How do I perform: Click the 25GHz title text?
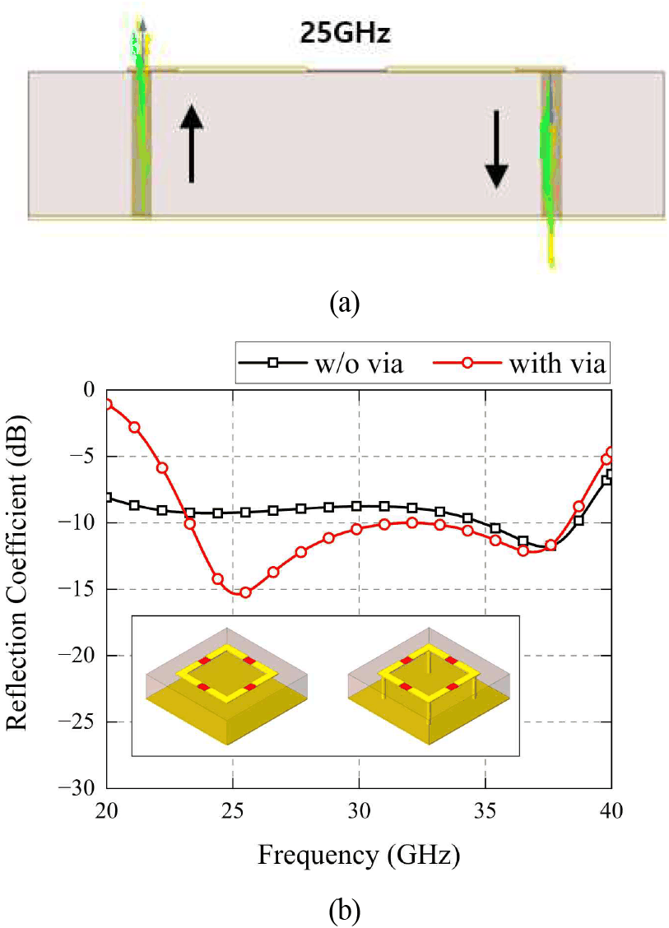[x=345, y=33]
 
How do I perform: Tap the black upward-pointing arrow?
[x=191, y=144]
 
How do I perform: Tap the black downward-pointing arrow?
[x=496, y=149]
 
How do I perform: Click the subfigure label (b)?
[x=345, y=912]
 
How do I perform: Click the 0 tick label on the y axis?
[x=89, y=390]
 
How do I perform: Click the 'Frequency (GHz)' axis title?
[x=359, y=856]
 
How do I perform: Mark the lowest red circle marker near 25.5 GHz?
[x=245, y=592]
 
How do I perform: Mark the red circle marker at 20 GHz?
[x=108, y=404]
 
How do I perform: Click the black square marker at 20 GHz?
[x=108, y=497]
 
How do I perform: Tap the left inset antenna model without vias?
[x=228, y=686]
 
